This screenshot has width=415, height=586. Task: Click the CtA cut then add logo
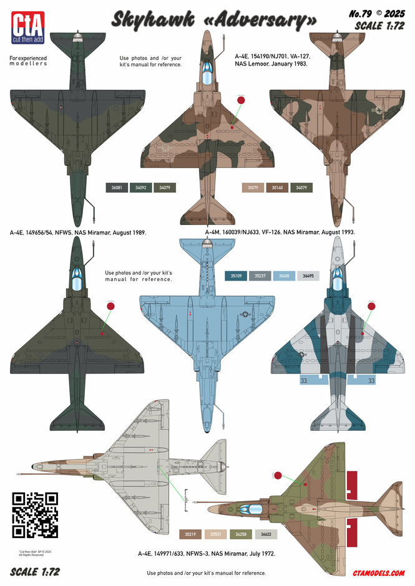coord(26,27)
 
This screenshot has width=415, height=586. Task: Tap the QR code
coord(35,515)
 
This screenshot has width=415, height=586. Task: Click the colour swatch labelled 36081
coord(116,188)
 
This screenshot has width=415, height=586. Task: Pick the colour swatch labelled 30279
coord(252,188)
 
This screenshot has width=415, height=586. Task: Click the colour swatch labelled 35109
coord(235,276)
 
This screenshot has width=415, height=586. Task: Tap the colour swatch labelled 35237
coord(260,276)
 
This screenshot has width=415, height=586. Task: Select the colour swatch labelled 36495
coord(308,276)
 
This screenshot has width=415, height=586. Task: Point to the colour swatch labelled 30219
coord(190,534)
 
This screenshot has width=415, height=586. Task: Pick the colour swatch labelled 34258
coord(242,534)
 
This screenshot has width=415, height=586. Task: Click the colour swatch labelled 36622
coord(266,534)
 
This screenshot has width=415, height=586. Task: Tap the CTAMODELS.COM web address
coord(378,573)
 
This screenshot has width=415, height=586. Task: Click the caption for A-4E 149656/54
coord(77,233)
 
